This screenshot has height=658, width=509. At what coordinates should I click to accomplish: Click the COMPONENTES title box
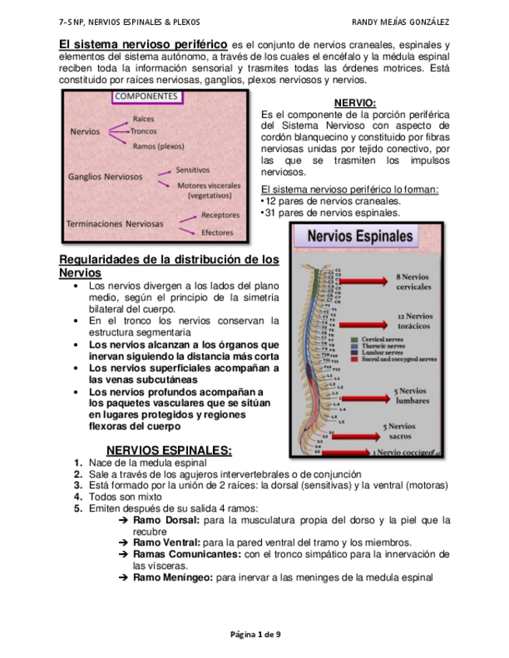click(147, 97)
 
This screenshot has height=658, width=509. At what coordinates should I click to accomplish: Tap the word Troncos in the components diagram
click(144, 131)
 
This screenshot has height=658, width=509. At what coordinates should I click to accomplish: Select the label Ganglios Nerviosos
click(106, 177)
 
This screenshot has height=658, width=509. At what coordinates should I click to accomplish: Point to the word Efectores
click(218, 232)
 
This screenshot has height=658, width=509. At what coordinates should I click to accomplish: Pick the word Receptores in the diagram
click(220, 215)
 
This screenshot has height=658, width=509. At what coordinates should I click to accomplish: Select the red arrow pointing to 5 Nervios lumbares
click(365, 394)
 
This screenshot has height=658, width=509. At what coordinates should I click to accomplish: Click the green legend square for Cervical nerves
click(353, 340)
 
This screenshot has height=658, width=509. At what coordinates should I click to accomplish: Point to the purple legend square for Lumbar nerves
click(353, 353)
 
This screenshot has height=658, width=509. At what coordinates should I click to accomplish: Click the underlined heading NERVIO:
click(354, 103)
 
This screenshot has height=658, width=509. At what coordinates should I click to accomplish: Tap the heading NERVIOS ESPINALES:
click(169, 450)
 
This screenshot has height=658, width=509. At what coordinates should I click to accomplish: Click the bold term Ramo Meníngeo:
click(173, 577)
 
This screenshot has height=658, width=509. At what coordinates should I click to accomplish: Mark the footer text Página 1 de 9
click(255, 634)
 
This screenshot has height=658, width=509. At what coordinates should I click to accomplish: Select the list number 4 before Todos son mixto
click(78, 497)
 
